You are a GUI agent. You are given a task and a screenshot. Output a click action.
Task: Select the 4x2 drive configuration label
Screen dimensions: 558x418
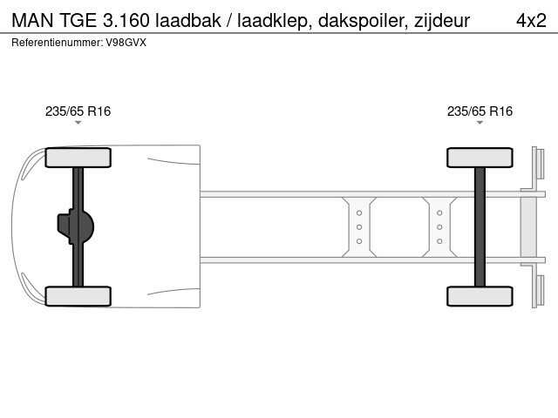click(531, 21)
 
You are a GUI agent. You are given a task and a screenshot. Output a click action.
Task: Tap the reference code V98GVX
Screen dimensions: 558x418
click(126, 43)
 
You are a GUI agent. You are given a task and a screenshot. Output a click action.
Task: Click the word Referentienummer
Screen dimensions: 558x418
click(57, 43)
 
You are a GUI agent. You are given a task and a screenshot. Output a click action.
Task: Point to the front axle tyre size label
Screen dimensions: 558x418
click(78, 111)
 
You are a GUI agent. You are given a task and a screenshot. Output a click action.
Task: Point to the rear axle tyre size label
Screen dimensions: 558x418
click(480, 111)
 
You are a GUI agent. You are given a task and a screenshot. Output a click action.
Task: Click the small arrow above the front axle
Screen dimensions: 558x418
click(78, 123)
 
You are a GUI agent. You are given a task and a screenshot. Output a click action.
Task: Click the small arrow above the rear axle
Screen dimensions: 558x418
click(480, 123)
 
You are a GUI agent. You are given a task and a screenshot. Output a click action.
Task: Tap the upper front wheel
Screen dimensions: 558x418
click(78, 158)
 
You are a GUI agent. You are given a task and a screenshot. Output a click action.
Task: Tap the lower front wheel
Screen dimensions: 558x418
click(78, 296)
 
